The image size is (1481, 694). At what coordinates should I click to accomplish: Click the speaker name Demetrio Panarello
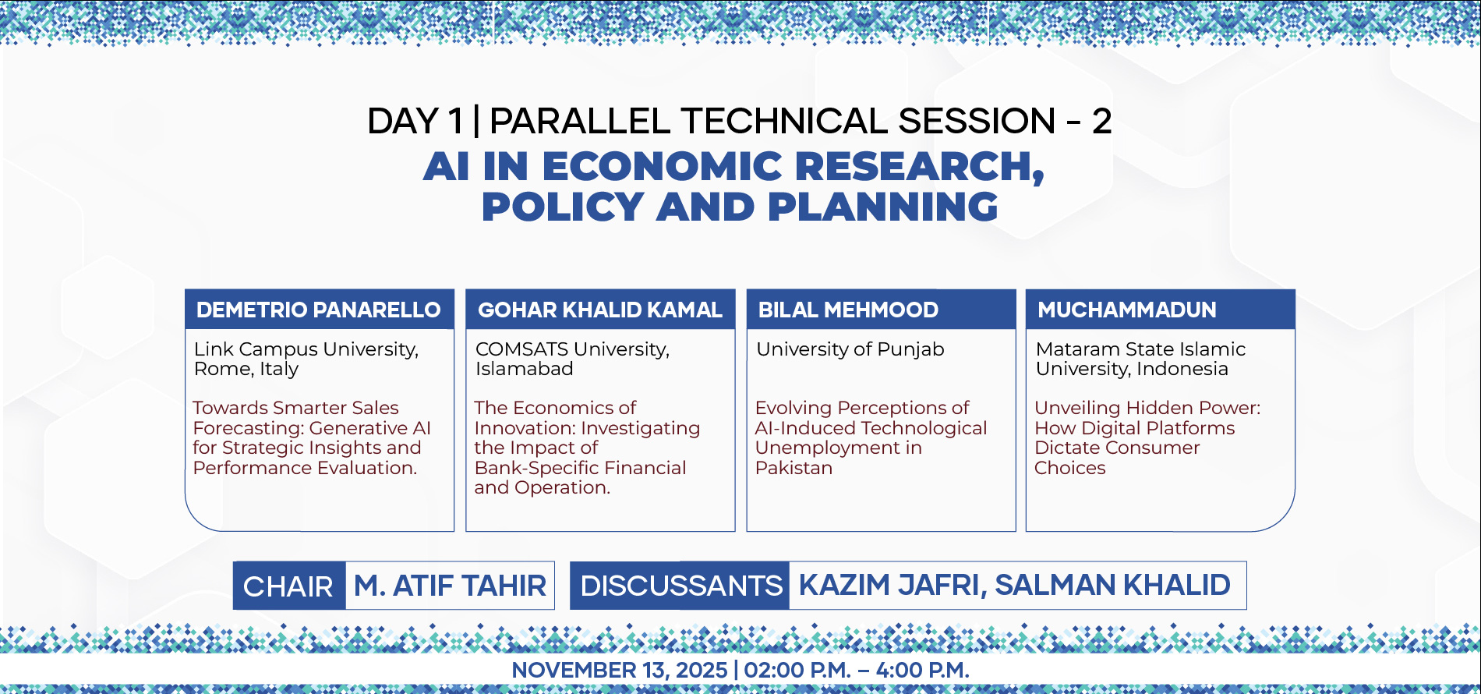[319, 310]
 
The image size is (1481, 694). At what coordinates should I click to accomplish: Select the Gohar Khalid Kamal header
[600, 310]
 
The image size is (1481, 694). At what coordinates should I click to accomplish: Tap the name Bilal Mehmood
[848, 310]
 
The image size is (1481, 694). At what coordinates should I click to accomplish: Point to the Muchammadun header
[1127, 310]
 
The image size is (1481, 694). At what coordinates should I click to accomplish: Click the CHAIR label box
[289, 586]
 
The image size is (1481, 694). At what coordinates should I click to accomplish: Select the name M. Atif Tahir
[450, 586]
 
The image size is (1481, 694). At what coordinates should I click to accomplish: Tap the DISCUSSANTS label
[680, 586]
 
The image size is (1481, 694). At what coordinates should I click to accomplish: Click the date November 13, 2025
[620, 670]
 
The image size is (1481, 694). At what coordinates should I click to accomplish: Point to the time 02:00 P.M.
[797, 670]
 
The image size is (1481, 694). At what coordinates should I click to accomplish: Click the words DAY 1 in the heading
[415, 121]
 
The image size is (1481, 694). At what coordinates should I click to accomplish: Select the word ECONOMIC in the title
[662, 166]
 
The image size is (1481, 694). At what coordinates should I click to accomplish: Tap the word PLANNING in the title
[883, 207]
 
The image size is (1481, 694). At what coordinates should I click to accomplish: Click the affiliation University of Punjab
[850, 349]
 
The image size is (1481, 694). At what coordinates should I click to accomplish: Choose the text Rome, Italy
[246, 369]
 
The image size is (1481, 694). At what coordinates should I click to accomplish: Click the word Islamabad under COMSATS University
[525, 369]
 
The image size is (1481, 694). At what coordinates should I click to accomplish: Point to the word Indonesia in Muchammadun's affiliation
[1181, 369]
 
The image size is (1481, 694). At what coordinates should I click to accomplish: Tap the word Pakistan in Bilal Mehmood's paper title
[794, 468]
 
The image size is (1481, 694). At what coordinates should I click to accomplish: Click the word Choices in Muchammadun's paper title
[1070, 468]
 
